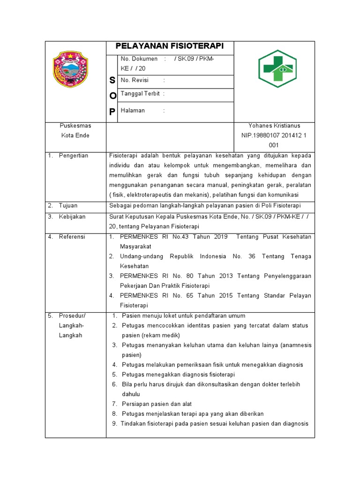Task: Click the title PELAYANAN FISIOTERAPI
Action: [x=170, y=46]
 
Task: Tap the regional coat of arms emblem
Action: [x=70, y=70]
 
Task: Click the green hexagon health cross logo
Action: [x=277, y=69]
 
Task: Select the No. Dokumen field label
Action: [x=139, y=59]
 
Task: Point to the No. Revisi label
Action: [x=135, y=80]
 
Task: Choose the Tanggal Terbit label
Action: [x=140, y=94]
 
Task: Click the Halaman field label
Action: [x=133, y=111]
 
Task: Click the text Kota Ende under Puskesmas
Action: [x=75, y=135]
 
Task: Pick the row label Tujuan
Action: [x=68, y=206]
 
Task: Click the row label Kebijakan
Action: [x=72, y=217]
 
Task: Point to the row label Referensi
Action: [x=72, y=237]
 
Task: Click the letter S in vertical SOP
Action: [x=112, y=81]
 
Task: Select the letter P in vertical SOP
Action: [x=112, y=111]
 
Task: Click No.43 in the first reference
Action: [x=181, y=237]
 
